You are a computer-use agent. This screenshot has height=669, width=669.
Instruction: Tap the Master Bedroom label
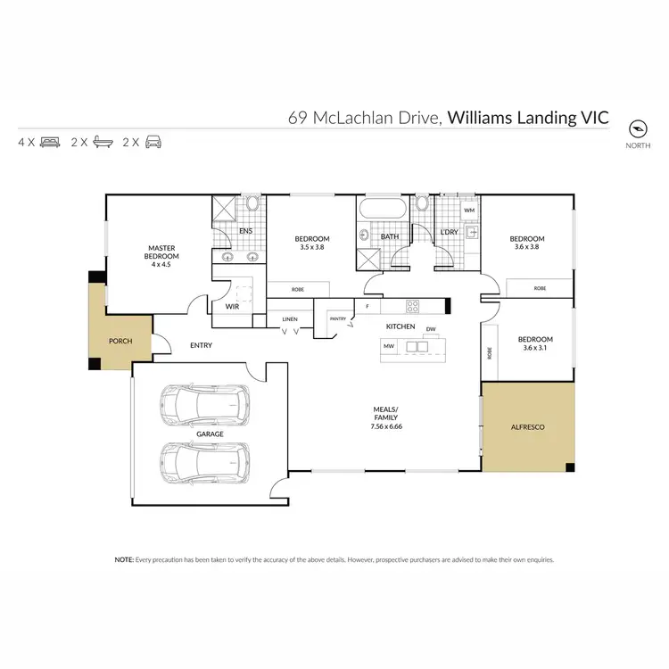[164, 252]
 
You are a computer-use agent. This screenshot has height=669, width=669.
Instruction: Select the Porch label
[120, 341]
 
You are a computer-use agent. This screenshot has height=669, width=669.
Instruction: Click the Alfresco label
[527, 427]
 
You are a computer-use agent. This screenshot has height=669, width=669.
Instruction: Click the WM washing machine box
[470, 210]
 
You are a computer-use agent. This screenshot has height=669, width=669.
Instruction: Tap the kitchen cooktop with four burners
[413, 306]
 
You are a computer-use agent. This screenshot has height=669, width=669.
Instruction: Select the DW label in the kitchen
[431, 329]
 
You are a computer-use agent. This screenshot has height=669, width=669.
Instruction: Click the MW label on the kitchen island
[389, 345]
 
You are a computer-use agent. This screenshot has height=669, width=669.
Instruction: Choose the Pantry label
[338, 318]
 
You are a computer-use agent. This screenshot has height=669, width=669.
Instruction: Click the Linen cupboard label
[290, 318]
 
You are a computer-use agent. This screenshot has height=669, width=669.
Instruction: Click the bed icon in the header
[49, 142]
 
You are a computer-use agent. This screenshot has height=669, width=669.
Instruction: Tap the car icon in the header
[154, 142]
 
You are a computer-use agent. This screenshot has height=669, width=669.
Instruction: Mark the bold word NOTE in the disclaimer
[123, 559]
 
